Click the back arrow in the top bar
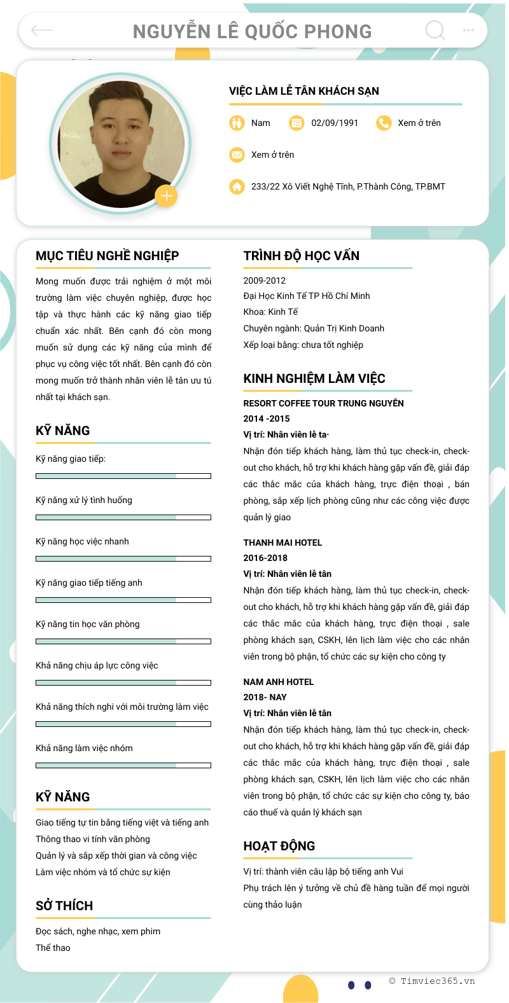click(x=42, y=30)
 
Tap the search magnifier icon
click(x=435, y=30)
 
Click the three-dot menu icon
click(x=468, y=30)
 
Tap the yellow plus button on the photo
click(x=166, y=196)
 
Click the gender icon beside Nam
click(x=237, y=123)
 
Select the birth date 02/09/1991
click(x=335, y=123)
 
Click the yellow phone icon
click(x=384, y=123)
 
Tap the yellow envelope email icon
click(x=237, y=155)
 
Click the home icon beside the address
click(x=237, y=186)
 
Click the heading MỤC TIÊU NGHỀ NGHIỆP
click(x=108, y=256)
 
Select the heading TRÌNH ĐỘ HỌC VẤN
click(x=302, y=256)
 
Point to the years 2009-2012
click(x=265, y=280)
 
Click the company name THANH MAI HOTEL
click(x=282, y=543)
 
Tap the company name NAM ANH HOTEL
click(x=279, y=682)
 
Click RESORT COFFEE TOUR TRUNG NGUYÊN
click(x=323, y=403)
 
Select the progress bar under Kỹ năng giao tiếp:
click(x=123, y=476)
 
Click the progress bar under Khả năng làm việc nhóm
click(x=123, y=765)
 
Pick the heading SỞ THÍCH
click(x=64, y=906)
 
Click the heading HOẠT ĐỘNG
click(x=279, y=846)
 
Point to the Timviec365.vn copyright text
click(x=432, y=981)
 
